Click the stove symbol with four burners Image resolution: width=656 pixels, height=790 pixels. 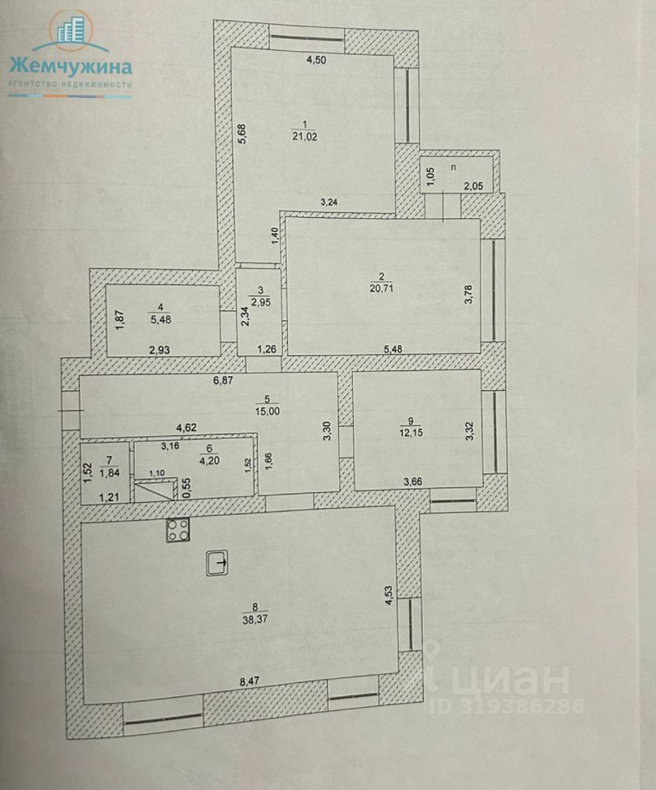[178, 532]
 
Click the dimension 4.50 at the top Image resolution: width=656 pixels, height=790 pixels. [316, 59]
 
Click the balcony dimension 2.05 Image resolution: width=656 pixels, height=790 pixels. [472, 187]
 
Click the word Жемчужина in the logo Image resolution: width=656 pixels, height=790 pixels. [69, 66]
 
